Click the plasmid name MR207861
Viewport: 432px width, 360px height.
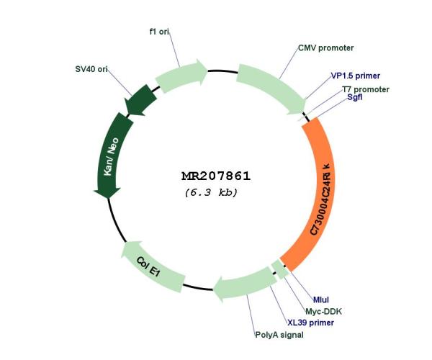tap(216, 176)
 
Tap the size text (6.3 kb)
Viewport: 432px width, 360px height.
tap(211, 192)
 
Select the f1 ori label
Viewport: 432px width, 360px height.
tap(159, 32)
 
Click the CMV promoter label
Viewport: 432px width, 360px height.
tap(326, 48)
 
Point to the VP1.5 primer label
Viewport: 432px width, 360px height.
tap(356, 76)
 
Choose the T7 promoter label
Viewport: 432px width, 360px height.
tap(366, 89)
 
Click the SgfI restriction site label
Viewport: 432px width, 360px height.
tap(354, 97)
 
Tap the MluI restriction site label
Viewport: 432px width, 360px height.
tap(321, 300)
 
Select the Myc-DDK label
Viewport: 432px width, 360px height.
tap(324, 312)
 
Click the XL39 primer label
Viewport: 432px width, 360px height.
tap(311, 323)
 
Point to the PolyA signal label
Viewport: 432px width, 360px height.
tap(279, 335)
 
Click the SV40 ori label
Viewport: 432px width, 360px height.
tap(91, 69)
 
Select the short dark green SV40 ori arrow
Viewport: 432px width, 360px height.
tap(140, 101)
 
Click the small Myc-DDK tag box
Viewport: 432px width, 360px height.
tap(280, 269)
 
